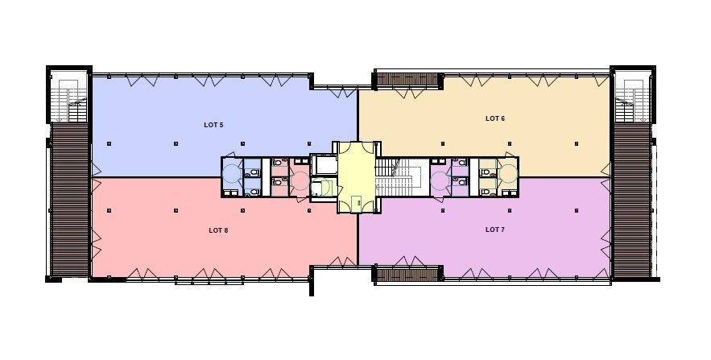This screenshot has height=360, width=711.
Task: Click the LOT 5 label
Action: tap(213, 125)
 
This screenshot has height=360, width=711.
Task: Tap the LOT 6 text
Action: tap(495, 118)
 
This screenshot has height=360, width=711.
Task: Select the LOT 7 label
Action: tap(495, 230)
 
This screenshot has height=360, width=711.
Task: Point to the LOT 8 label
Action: tap(218, 230)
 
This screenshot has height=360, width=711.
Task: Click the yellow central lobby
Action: tap(357, 177)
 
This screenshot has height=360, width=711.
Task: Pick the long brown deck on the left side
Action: tap(69, 200)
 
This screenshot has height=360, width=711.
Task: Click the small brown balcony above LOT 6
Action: tap(407, 80)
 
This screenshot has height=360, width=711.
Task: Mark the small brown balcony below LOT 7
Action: tap(407, 273)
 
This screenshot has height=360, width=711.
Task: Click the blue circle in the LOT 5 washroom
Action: tap(232, 174)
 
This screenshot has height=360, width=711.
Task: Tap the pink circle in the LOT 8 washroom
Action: tap(300, 181)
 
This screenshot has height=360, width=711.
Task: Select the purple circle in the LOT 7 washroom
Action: tap(440, 181)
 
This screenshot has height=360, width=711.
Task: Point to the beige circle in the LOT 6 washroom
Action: tap(507, 173)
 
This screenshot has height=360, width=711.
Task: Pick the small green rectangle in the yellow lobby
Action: tap(357, 202)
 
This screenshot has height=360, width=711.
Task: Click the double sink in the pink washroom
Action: tap(300, 161)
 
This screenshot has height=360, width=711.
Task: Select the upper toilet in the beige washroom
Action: tap(487, 172)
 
